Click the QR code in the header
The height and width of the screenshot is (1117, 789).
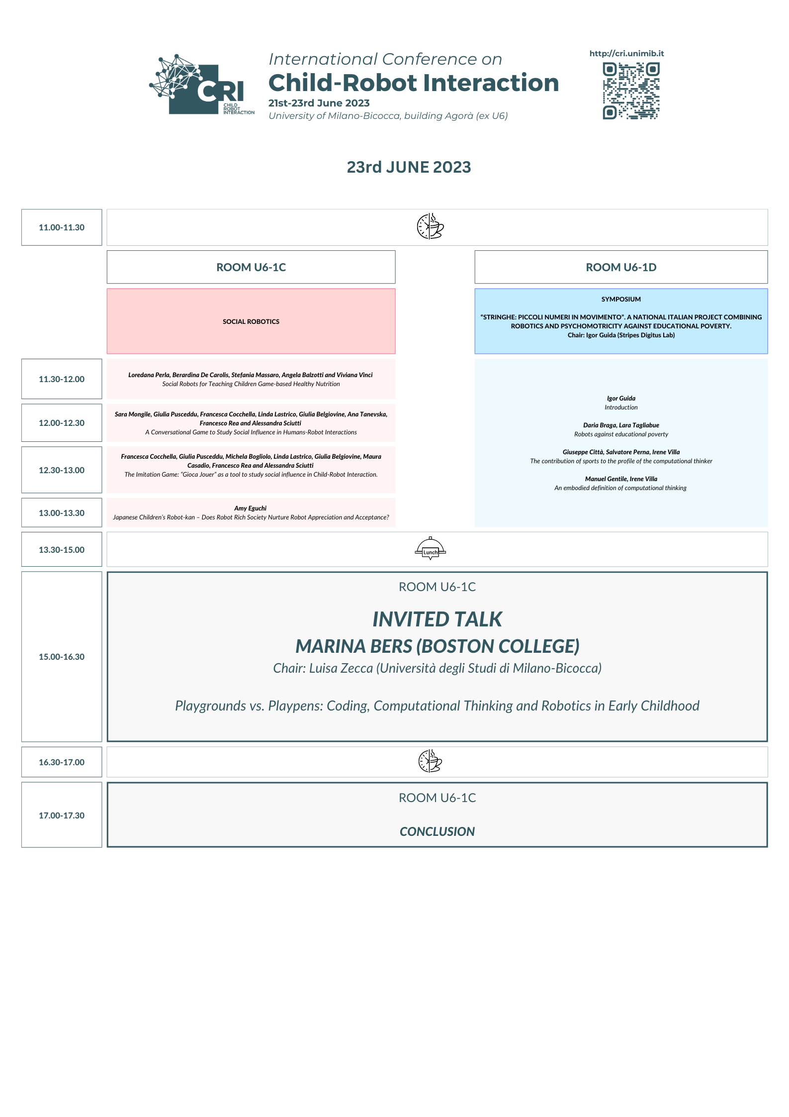pyautogui.click(x=631, y=91)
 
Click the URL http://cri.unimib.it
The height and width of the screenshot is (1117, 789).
pyautogui.click(x=626, y=54)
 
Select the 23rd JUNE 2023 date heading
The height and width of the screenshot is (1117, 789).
pyautogui.click(x=409, y=167)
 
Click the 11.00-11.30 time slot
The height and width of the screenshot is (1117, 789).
pyautogui.click(x=62, y=227)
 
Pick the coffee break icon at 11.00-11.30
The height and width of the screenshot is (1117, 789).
pyautogui.click(x=430, y=227)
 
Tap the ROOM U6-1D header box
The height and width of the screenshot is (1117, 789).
pyautogui.click(x=621, y=267)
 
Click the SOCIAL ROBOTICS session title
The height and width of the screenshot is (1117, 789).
pyautogui.click(x=251, y=322)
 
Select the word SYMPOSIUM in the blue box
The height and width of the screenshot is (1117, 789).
pyautogui.click(x=621, y=300)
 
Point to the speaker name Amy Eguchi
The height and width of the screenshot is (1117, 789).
pyautogui.click(x=250, y=508)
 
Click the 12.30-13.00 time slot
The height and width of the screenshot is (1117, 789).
pyautogui.click(x=62, y=470)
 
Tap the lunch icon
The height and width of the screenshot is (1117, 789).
pyautogui.click(x=430, y=549)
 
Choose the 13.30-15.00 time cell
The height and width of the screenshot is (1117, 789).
pyautogui.click(x=62, y=550)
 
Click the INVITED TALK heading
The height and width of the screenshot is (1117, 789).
pyautogui.click(x=437, y=619)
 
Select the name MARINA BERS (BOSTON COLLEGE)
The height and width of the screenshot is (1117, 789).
pyautogui.click(x=437, y=646)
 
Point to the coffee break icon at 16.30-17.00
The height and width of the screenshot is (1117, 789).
pyautogui.click(x=430, y=762)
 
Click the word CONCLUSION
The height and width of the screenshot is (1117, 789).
pyautogui.click(x=437, y=831)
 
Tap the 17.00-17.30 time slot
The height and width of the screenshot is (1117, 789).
pyautogui.click(x=62, y=815)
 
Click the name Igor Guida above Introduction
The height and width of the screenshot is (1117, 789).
pyautogui.click(x=621, y=399)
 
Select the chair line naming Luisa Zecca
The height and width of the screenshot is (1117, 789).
pyautogui.click(x=437, y=668)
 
